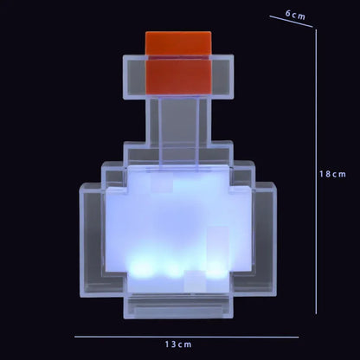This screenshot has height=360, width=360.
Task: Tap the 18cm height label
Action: [333, 173]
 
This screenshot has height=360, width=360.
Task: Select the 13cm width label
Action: [180, 344]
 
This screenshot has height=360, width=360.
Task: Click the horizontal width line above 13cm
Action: [186, 336]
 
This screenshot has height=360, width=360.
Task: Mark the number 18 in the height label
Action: [325, 173]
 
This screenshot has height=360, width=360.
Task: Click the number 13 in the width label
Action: [172, 344]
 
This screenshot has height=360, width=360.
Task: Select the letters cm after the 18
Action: [340, 173]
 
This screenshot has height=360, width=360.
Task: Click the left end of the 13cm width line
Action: [74, 336]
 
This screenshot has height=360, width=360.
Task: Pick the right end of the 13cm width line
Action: [299, 336]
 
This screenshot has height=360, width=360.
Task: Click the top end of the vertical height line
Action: [316, 30]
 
